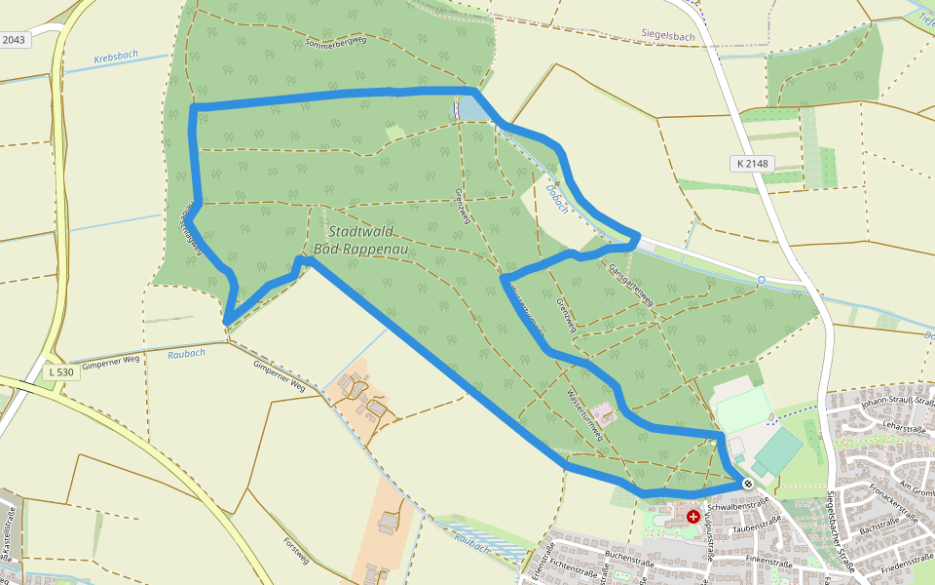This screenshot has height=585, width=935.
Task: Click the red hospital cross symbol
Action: click(692, 516)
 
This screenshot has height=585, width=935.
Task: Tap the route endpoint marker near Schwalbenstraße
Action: click(748, 484)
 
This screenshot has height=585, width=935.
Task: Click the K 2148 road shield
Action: click(753, 164)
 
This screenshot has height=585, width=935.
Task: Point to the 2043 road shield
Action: click(15, 39)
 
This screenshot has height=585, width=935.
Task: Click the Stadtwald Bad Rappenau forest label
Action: click(360, 240)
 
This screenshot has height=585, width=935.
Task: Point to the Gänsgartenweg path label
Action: click(628, 284)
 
